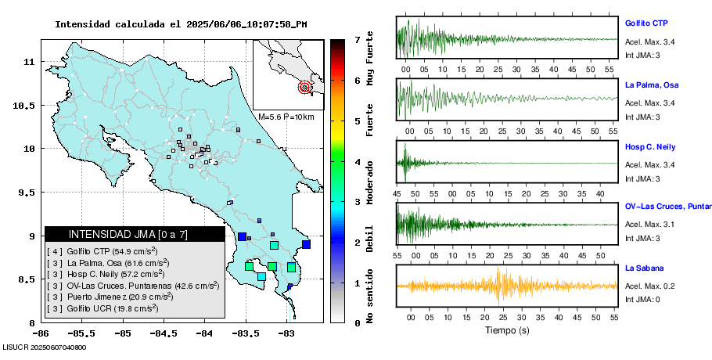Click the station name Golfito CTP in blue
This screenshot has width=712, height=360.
645,23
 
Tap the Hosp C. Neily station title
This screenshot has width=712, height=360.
649,146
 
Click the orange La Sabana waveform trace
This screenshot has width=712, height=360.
501,286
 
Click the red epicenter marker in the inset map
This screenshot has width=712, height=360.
305,88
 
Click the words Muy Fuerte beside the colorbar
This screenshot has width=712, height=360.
370,56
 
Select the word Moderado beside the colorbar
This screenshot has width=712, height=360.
370,183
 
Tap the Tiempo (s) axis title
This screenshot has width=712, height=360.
507,331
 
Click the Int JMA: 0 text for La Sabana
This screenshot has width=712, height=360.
642,300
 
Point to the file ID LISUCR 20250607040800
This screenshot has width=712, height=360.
44,347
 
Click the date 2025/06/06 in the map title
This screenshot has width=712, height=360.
214,24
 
